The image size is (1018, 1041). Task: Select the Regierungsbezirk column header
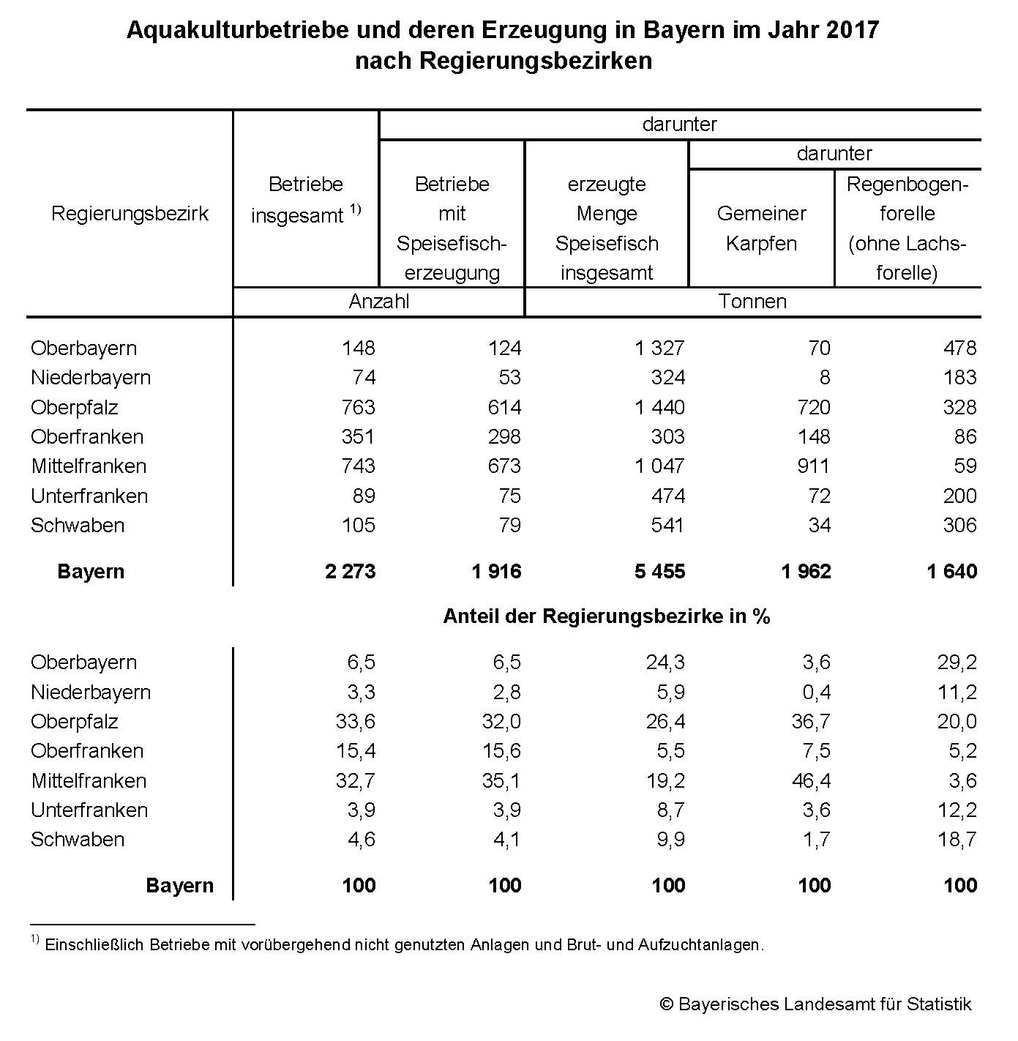[x=130, y=213]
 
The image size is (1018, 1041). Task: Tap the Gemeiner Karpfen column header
[x=761, y=228]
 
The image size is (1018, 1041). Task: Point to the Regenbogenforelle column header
[x=907, y=228]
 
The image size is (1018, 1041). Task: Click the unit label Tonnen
[x=752, y=302]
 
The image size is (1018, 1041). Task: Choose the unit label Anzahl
[x=379, y=302]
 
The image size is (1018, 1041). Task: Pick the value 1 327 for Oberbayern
[x=659, y=348]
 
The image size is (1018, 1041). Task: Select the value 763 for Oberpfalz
[x=358, y=407]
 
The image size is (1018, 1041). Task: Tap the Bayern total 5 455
[x=659, y=571]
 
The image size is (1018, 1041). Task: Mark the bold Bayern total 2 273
[x=350, y=571]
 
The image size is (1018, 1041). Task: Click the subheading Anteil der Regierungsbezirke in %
[x=607, y=616]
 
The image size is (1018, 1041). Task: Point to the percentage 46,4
[x=811, y=780]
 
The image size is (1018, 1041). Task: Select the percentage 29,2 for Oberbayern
[x=957, y=662]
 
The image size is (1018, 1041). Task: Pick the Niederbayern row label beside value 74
[x=91, y=377]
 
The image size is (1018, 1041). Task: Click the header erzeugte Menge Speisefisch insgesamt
[x=607, y=228]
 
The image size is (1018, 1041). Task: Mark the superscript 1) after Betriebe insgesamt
[x=355, y=209]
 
